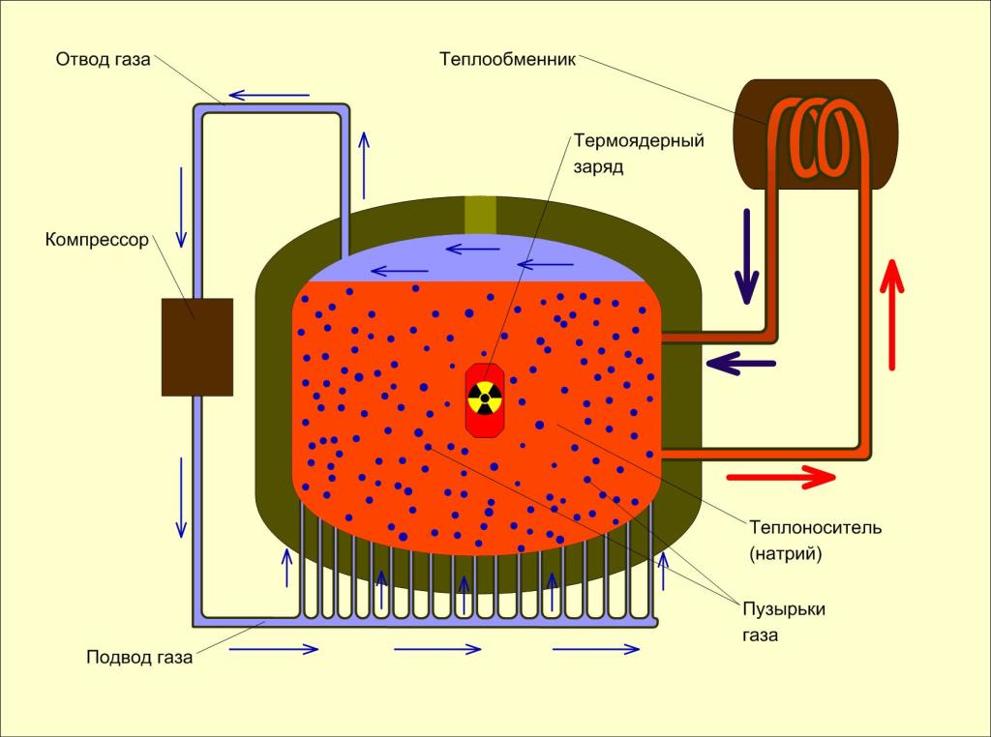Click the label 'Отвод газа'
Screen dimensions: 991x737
tap(103, 59)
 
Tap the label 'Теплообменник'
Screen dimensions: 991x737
tap(507, 59)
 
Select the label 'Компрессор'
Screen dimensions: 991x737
tap(97, 240)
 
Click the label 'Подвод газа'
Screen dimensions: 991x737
tap(139, 658)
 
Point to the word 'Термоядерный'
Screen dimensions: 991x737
tap(639, 141)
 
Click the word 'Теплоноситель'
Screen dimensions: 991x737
tap(815, 527)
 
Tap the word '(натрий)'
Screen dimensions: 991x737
tap(786, 554)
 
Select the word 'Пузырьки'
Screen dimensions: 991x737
tap(784, 609)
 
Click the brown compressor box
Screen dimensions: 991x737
tap(197, 347)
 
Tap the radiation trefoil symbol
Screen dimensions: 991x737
tap(485, 398)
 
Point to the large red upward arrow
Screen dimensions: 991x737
tap(891, 314)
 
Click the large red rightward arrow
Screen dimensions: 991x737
tap(781, 478)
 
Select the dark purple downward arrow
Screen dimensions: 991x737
tap(746, 256)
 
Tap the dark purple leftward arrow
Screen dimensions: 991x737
tap(740, 363)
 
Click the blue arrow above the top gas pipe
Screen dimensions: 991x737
tap(269, 96)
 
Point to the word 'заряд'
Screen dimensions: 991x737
tap(598, 167)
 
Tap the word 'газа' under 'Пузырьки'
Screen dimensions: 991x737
tap(761, 634)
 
